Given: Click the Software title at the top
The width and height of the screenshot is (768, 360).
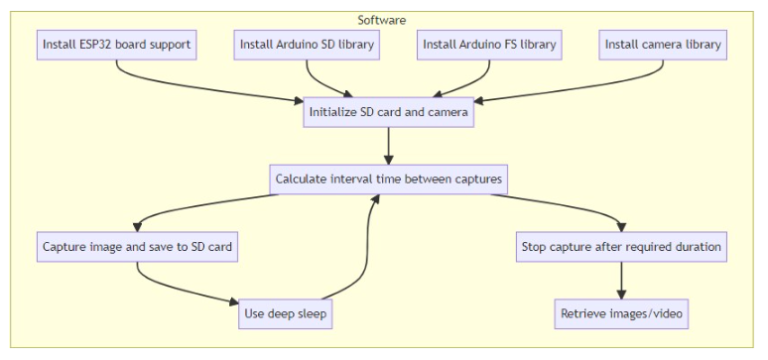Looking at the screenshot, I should point(381,20).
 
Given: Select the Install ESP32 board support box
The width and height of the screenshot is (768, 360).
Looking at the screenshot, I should point(116,45).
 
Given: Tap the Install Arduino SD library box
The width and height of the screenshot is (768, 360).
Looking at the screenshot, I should point(308,45).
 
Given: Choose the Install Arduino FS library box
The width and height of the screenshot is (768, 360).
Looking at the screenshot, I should point(490,45).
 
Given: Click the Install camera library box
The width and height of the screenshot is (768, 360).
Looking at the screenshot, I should point(664,45).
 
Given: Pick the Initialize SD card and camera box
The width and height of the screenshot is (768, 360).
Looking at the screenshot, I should point(388,112).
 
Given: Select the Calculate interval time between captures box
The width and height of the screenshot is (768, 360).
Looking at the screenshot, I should point(388,180).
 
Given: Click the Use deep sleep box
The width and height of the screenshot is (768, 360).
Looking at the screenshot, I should point(285,314).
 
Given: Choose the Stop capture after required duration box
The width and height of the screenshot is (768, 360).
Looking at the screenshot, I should point(621,247).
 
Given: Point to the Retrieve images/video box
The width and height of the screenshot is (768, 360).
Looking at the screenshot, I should point(621,314).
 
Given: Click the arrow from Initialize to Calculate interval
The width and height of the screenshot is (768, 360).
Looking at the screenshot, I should point(388,146).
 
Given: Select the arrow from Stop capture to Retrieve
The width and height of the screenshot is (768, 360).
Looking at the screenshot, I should point(621,281).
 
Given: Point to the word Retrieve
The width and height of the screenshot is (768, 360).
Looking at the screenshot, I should point(585,314).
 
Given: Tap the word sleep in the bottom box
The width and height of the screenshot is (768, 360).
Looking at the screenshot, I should point(307,314).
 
